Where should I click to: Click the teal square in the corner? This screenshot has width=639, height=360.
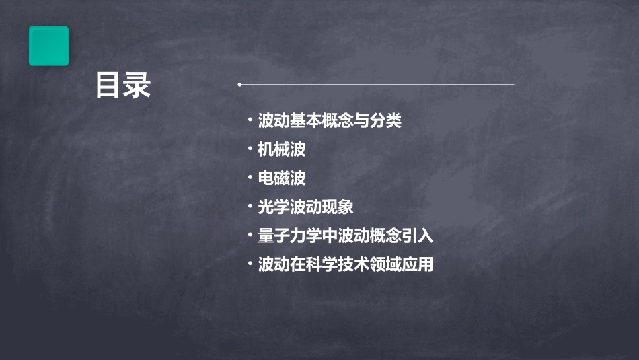pyautogui.click(x=48, y=46)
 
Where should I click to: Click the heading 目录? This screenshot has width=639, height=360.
pyautogui.click(x=123, y=85)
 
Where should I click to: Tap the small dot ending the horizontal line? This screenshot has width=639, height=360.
pyautogui.click(x=239, y=85)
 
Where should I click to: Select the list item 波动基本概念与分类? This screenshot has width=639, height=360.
pyautogui.click(x=330, y=121)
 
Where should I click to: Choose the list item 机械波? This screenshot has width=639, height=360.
pyautogui.click(x=282, y=149)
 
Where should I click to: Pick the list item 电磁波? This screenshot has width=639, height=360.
pyautogui.click(x=282, y=178)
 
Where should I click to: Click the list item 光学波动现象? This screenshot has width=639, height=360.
pyautogui.click(x=305, y=207)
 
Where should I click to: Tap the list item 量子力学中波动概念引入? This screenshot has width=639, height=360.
pyautogui.click(x=345, y=236)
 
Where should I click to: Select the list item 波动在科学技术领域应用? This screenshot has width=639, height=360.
pyautogui.click(x=345, y=264)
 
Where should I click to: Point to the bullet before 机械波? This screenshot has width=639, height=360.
pyautogui.click(x=250, y=149)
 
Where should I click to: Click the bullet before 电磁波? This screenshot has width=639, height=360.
pyautogui.click(x=250, y=178)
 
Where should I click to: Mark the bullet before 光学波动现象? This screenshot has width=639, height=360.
pyautogui.click(x=250, y=207)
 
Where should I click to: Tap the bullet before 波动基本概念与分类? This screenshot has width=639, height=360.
pyautogui.click(x=250, y=121)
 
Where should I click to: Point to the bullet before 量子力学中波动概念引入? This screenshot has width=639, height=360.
pyautogui.click(x=250, y=236)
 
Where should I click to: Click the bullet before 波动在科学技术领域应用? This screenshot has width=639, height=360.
pyautogui.click(x=250, y=264)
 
